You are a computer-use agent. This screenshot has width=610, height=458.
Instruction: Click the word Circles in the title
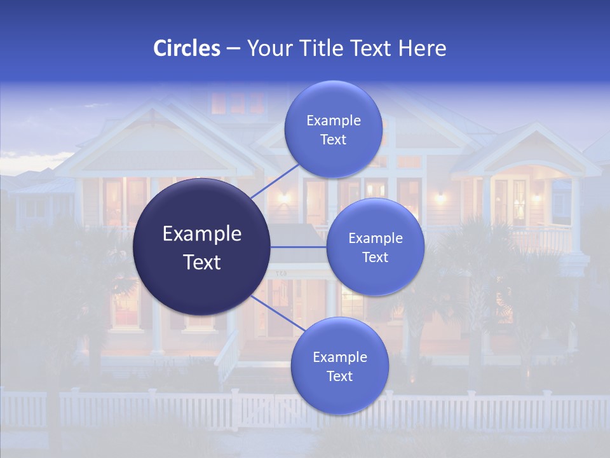pyautogui.click(x=187, y=48)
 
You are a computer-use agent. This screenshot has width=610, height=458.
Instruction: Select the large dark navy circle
pyautogui.click(x=201, y=247)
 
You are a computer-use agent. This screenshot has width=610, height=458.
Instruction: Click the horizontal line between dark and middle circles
pyautogui.click(x=298, y=247)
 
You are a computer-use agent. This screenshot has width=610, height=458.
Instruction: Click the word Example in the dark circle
pyautogui.click(x=202, y=234)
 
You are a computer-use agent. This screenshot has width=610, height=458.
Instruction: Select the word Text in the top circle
pyautogui.click(x=333, y=140)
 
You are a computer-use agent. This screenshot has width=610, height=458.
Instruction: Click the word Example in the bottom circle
pyautogui.click(x=339, y=357)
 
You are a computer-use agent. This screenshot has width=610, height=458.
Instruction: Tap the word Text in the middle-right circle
pyautogui.click(x=375, y=258)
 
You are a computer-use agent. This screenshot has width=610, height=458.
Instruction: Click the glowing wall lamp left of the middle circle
pyautogui.click(x=284, y=198)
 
